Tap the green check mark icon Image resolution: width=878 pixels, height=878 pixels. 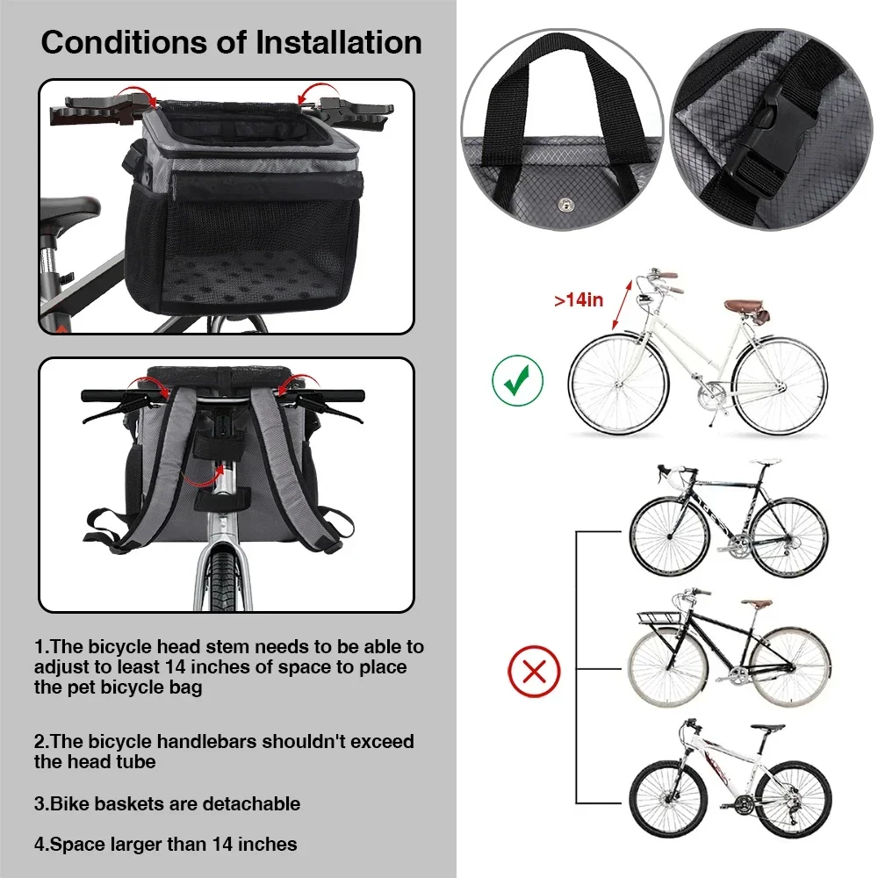point(517,380)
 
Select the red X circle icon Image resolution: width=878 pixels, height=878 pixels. point(534,673)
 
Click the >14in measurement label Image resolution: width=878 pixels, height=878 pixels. point(579,299)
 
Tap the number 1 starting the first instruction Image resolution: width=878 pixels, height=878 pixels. point(40,647)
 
